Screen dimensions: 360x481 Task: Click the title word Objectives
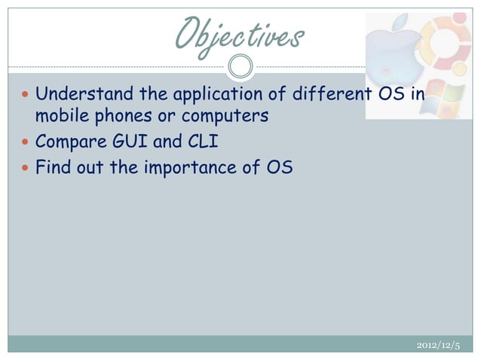[x=240, y=34]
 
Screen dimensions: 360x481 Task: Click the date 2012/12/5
[x=438, y=345]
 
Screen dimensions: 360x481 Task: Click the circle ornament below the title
[x=240, y=66]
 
